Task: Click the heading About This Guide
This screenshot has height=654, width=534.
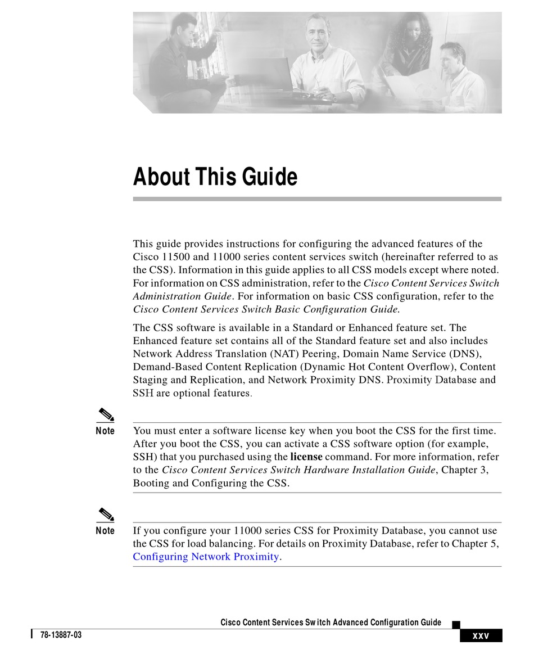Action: click(215, 177)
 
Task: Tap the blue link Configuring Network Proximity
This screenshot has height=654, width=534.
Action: click(206, 557)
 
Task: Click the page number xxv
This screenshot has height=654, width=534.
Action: click(481, 636)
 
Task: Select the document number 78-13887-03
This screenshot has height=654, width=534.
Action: click(61, 635)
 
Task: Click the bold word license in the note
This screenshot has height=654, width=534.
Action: click(306, 457)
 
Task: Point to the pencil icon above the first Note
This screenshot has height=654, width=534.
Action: click(105, 416)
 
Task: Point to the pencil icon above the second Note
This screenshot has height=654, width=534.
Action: click(105, 515)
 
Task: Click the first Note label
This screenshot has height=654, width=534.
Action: click(105, 431)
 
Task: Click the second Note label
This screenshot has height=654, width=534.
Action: click(105, 531)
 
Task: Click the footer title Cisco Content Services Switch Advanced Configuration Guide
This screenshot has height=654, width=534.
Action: click(331, 623)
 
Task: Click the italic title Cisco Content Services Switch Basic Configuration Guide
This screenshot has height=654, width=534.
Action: click(266, 309)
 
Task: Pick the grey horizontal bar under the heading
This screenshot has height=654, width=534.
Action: click(317, 199)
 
